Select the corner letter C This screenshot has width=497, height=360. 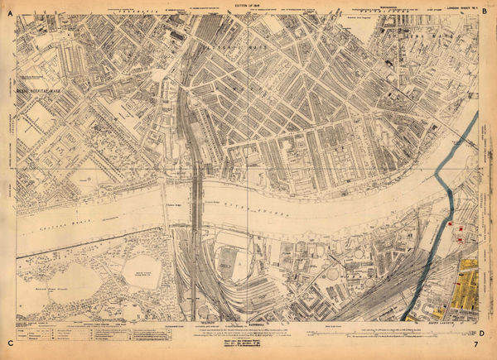coord(9,343)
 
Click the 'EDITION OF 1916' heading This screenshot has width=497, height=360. coord(248,5)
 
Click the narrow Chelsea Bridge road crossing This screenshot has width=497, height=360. coord(166,207)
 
